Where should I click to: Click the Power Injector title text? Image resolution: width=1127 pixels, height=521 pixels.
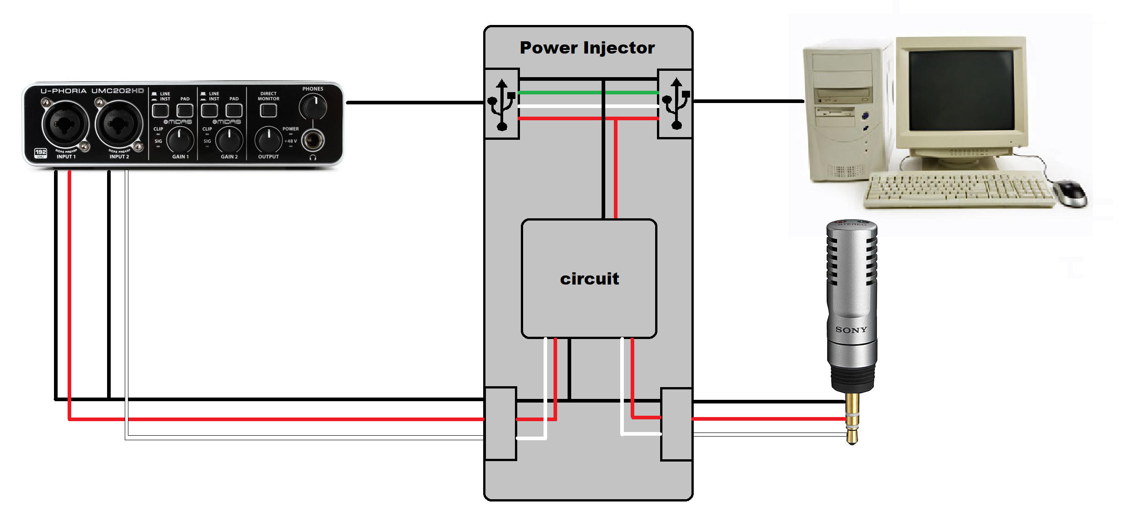(587, 48)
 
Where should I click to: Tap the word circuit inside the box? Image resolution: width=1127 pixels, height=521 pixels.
(589, 279)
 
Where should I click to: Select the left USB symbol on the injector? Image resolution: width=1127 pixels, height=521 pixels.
(501, 104)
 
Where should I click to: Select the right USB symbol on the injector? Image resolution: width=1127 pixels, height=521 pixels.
(676, 104)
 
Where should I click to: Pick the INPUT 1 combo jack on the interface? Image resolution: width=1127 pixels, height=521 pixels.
(65, 124)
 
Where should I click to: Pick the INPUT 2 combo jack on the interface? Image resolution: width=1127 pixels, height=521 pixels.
(118, 124)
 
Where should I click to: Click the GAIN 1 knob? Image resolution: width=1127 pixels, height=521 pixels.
(180, 139)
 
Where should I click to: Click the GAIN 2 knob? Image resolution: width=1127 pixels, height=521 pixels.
(229, 139)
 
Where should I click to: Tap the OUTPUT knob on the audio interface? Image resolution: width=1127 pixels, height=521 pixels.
(269, 139)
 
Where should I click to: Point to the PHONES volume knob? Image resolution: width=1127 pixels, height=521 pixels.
(313, 107)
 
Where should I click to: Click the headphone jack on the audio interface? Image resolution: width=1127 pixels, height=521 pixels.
(313, 140)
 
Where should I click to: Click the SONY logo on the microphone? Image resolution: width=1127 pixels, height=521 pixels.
(851, 330)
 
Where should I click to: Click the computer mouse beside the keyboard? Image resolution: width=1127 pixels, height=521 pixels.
(1071, 192)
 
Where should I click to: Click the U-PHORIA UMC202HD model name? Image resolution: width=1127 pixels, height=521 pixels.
(92, 91)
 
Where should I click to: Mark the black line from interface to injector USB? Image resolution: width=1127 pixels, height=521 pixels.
(415, 103)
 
